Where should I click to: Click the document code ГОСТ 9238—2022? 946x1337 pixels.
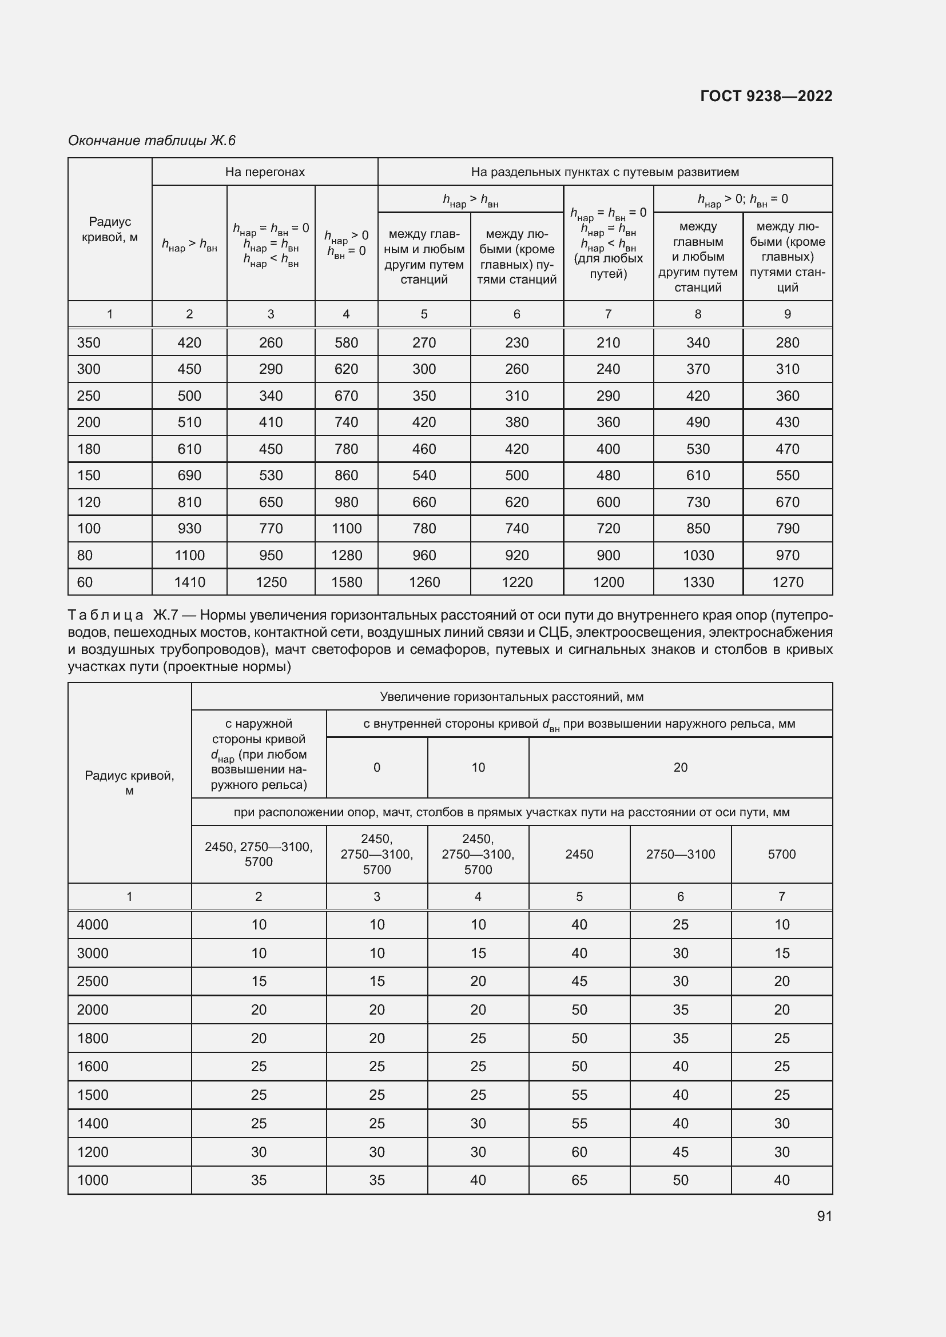(766, 96)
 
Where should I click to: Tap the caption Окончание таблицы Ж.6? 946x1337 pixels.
(152, 141)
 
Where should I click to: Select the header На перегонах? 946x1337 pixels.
(264, 172)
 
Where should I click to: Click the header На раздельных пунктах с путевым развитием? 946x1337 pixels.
(605, 172)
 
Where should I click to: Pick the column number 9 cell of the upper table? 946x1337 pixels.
(787, 314)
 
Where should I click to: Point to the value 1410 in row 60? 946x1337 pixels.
(189, 582)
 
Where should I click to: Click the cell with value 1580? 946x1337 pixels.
(346, 582)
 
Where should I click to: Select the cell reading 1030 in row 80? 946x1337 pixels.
(698, 555)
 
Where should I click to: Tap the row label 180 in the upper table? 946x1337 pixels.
(89, 449)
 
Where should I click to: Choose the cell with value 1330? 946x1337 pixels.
(698, 582)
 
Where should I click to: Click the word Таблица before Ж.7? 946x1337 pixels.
(105, 615)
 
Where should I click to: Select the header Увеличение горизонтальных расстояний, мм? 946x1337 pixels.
(511, 696)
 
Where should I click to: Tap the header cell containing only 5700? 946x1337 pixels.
(781, 854)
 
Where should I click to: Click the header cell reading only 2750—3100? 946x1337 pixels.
(680, 854)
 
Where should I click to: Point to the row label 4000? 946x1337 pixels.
(93, 925)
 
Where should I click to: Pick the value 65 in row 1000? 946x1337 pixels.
(579, 1180)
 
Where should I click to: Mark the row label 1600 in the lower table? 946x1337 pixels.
(93, 1066)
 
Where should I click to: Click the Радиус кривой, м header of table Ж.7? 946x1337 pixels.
(129, 783)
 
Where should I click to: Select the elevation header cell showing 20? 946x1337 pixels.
(680, 768)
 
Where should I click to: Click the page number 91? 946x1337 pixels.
(824, 1216)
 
